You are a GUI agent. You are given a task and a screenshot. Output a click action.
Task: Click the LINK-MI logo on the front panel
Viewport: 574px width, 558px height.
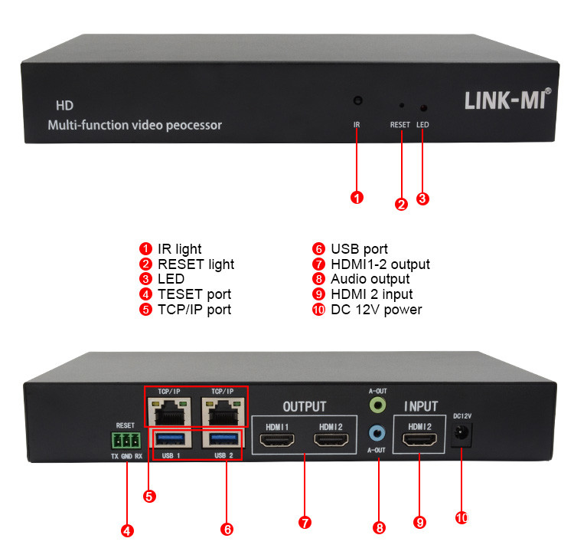pos(507,100)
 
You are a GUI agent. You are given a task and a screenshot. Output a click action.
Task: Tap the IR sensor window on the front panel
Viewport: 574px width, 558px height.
pos(357,101)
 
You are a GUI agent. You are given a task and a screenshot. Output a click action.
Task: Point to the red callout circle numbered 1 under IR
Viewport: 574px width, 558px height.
pos(357,198)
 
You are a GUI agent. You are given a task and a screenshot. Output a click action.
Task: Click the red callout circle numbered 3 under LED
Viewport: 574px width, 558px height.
pos(423,199)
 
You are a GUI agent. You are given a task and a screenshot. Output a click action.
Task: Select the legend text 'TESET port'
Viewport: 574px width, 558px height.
pos(194,294)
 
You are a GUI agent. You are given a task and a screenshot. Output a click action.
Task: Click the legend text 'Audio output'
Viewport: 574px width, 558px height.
pos(370,279)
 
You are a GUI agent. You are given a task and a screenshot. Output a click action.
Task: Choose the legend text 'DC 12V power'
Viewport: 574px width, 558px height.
pos(376,310)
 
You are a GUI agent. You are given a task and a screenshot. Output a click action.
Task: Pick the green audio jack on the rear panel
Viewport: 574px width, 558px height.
pos(377,403)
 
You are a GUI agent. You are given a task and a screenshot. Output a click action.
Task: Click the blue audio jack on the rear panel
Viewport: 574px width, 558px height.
pos(377,433)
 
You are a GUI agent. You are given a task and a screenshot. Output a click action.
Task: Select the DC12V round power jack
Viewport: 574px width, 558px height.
pos(461,435)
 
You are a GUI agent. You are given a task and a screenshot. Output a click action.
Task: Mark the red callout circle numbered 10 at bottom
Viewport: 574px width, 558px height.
pos(461,518)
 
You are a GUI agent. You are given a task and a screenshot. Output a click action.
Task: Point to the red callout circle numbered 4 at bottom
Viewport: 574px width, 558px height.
pos(127,530)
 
